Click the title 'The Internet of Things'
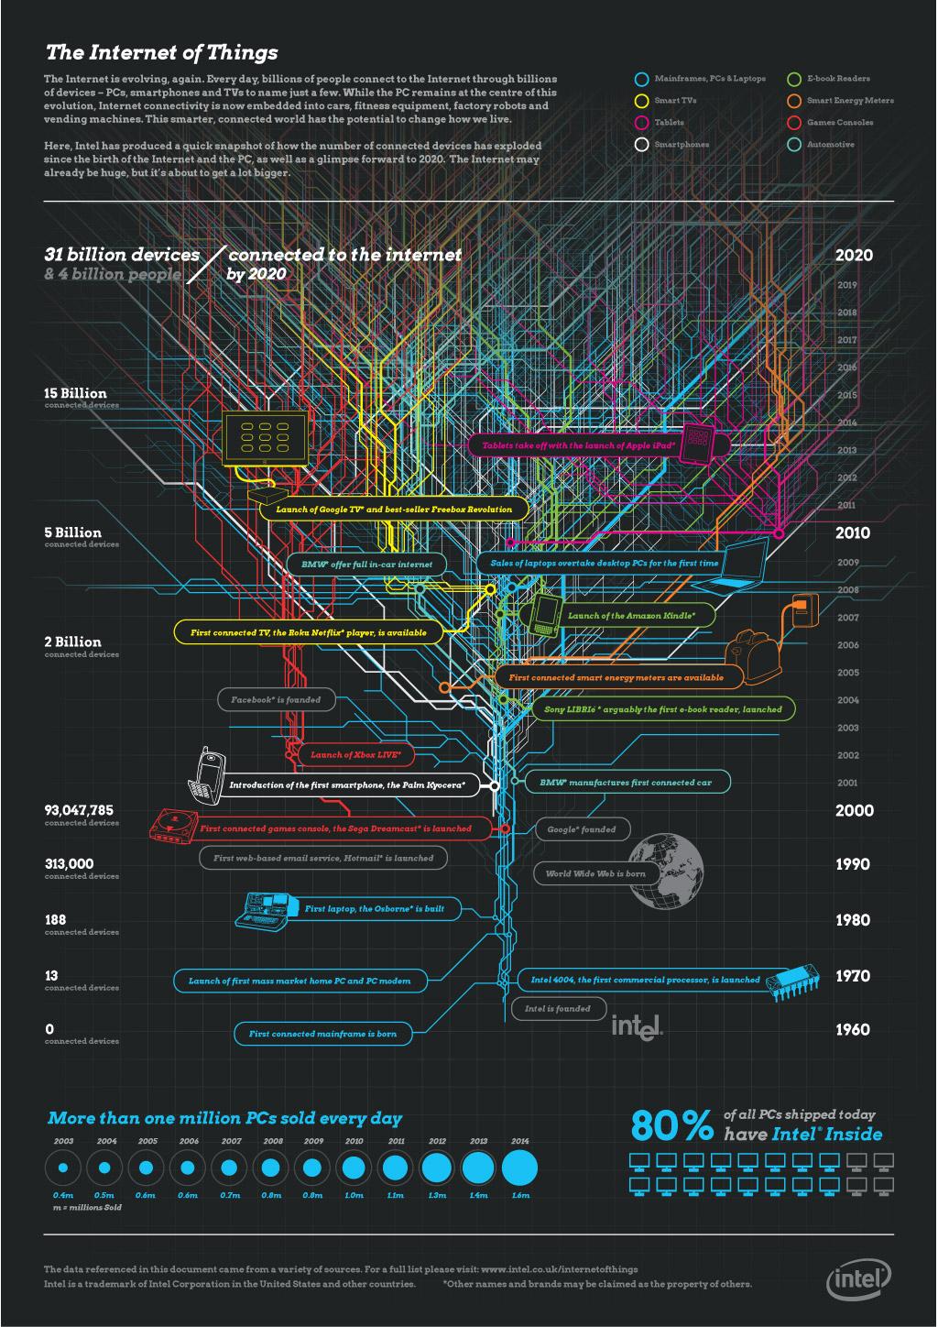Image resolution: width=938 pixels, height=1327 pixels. click(161, 52)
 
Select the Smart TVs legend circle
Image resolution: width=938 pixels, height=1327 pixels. click(642, 101)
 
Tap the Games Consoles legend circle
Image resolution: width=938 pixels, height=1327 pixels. click(794, 122)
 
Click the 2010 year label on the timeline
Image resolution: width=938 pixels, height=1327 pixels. click(854, 533)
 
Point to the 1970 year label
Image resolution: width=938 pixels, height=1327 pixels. click(853, 977)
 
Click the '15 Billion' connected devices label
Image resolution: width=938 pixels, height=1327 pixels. click(75, 393)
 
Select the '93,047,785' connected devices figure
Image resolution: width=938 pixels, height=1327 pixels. click(79, 810)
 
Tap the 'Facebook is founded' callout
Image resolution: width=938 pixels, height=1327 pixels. click(276, 700)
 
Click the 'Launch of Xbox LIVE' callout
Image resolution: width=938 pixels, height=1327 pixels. click(356, 754)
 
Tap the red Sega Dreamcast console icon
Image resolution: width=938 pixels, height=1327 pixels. click(172, 824)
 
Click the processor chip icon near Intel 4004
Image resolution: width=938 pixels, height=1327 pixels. click(794, 983)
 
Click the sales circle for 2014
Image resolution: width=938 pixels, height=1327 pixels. click(519, 1168)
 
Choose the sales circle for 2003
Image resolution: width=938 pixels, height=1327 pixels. click(63, 1168)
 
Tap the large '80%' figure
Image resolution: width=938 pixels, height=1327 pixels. click(671, 1125)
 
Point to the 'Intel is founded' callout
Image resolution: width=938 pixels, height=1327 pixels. click(558, 1009)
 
